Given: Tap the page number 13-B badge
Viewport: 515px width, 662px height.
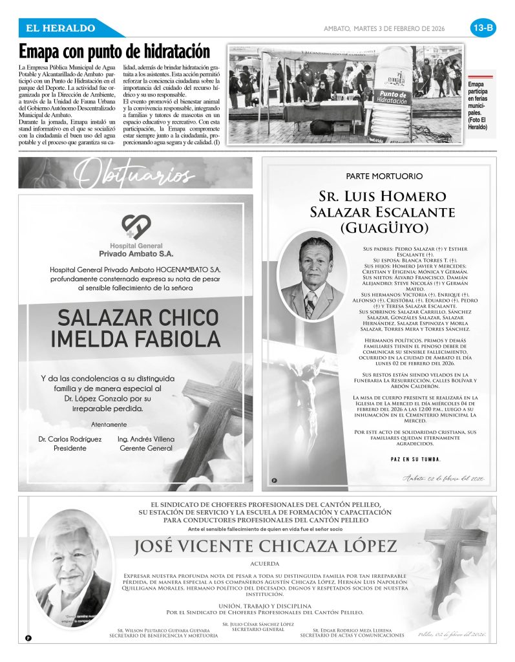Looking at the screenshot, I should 483,28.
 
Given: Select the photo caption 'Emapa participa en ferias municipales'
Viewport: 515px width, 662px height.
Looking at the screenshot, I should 479,106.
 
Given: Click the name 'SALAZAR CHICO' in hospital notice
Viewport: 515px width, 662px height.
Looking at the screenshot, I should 138,317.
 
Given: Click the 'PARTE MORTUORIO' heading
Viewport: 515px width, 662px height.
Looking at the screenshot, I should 384,176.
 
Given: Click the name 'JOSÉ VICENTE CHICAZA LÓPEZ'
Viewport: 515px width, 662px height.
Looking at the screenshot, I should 265,546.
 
